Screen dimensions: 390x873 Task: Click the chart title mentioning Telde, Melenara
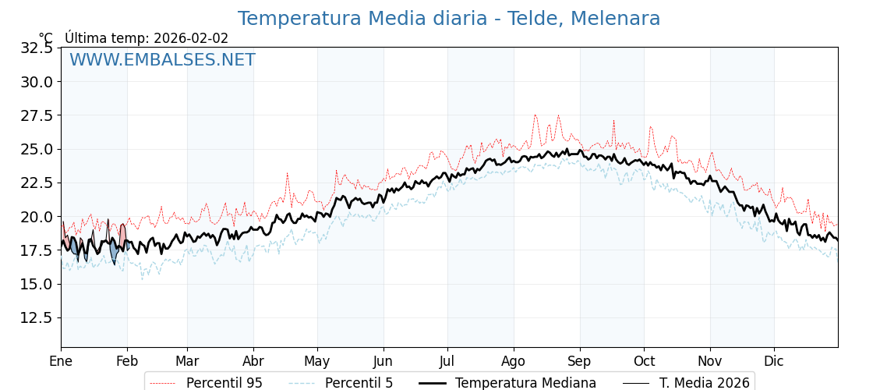click(x=448, y=19)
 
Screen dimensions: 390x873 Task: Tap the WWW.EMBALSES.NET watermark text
click(x=162, y=60)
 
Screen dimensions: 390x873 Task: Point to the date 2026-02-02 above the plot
click(x=191, y=38)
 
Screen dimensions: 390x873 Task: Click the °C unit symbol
click(x=46, y=38)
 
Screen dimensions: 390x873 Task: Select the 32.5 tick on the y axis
click(x=36, y=48)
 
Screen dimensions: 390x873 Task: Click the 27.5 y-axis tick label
click(x=36, y=115)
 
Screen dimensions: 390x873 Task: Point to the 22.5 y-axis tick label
click(x=36, y=183)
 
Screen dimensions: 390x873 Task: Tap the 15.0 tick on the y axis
click(x=36, y=284)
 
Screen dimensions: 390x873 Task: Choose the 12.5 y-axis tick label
click(x=36, y=317)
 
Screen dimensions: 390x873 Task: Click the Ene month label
click(x=61, y=361)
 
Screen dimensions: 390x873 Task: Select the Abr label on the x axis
click(x=253, y=361)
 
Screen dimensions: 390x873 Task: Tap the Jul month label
click(x=447, y=361)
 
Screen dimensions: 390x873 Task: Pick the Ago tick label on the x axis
click(x=514, y=361)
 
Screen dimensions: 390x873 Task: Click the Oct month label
click(x=644, y=361)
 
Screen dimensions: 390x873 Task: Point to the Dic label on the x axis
click(x=774, y=361)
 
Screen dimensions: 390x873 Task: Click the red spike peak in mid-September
click(x=613, y=122)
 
